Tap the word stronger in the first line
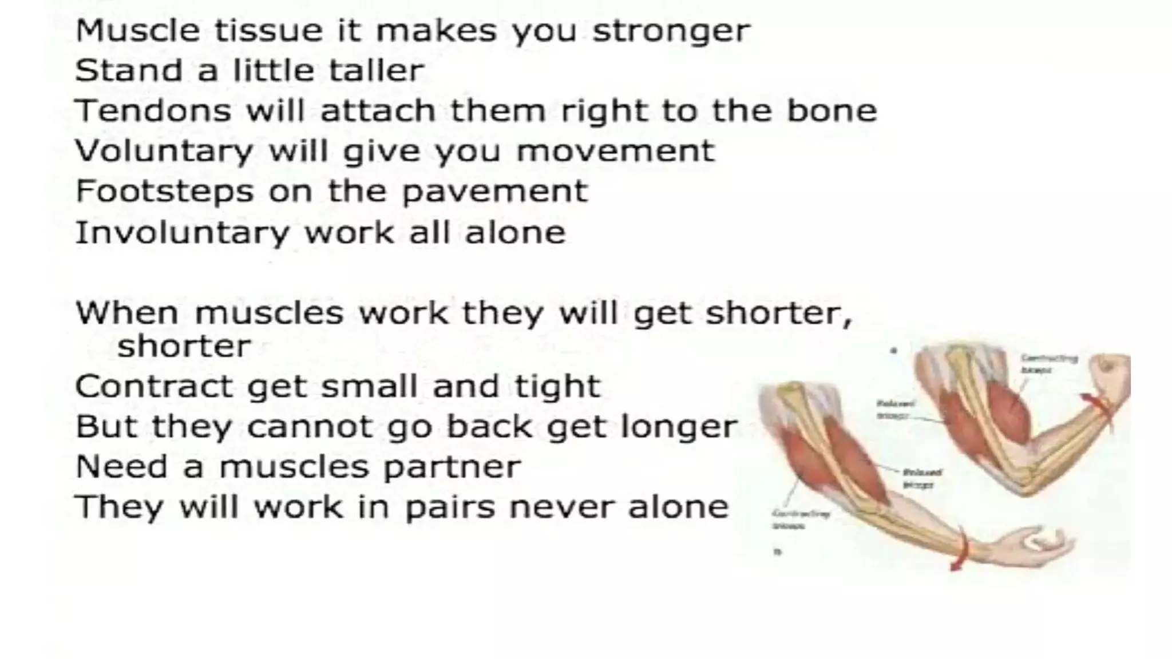click(671, 31)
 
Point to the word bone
click(832, 110)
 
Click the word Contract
click(153, 386)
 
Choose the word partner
click(452, 467)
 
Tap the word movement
click(615, 152)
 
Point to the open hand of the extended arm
click(1036, 543)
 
